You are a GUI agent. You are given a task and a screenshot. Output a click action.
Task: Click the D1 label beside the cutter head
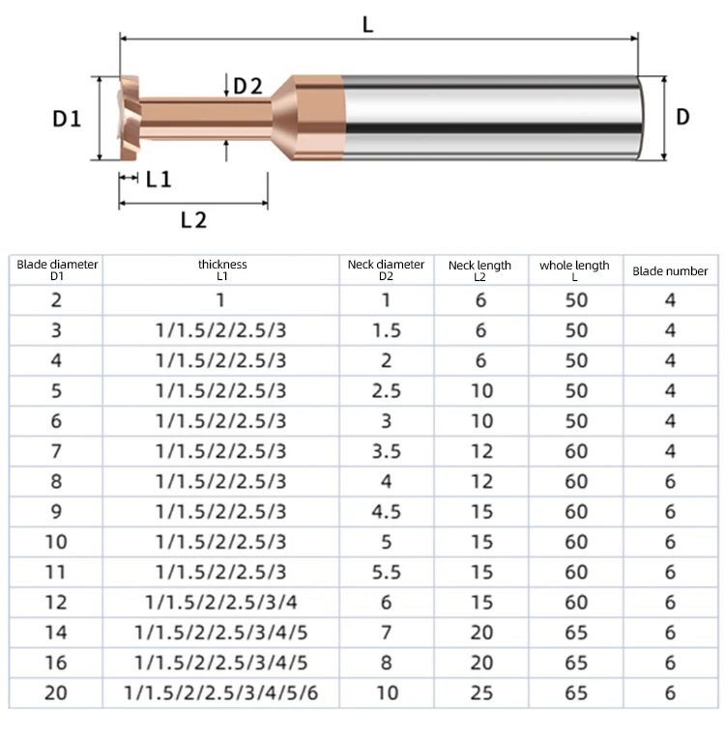[x=67, y=119]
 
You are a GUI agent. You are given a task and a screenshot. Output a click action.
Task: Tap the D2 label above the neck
[x=247, y=86]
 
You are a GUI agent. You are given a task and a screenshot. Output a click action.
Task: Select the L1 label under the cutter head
[x=159, y=180]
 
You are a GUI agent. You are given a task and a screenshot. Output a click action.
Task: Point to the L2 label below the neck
[x=193, y=220]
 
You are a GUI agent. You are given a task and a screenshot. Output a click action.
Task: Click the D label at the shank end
[x=682, y=117]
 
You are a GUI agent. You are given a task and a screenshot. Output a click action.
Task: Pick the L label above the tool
[x=368, y=24]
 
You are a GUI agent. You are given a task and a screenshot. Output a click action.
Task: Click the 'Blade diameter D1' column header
[x=57, y=270]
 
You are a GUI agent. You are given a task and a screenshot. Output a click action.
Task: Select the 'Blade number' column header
[x=670, y=271]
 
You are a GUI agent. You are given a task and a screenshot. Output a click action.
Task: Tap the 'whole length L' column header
[x=575, y=271]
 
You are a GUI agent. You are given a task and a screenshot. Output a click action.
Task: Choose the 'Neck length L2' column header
[x=479, y=271]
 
